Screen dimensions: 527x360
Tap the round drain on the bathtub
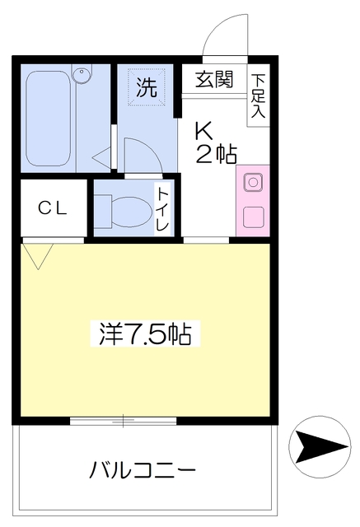[82, 77]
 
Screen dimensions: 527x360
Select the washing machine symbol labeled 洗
[147, 88]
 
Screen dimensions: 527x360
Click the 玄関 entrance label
[213, 80]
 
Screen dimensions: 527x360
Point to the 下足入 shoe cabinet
[258, 96]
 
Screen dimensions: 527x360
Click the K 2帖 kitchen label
[215, 142]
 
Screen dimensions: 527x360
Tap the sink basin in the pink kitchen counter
[252, 182]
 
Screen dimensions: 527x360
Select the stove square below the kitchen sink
[252, 218]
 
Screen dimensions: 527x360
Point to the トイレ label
[163, 208]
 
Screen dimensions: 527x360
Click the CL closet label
[51, 208]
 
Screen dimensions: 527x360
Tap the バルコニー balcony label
[143, 471]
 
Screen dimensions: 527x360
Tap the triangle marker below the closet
[36, 254]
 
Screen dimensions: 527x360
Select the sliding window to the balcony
[124, 422]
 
